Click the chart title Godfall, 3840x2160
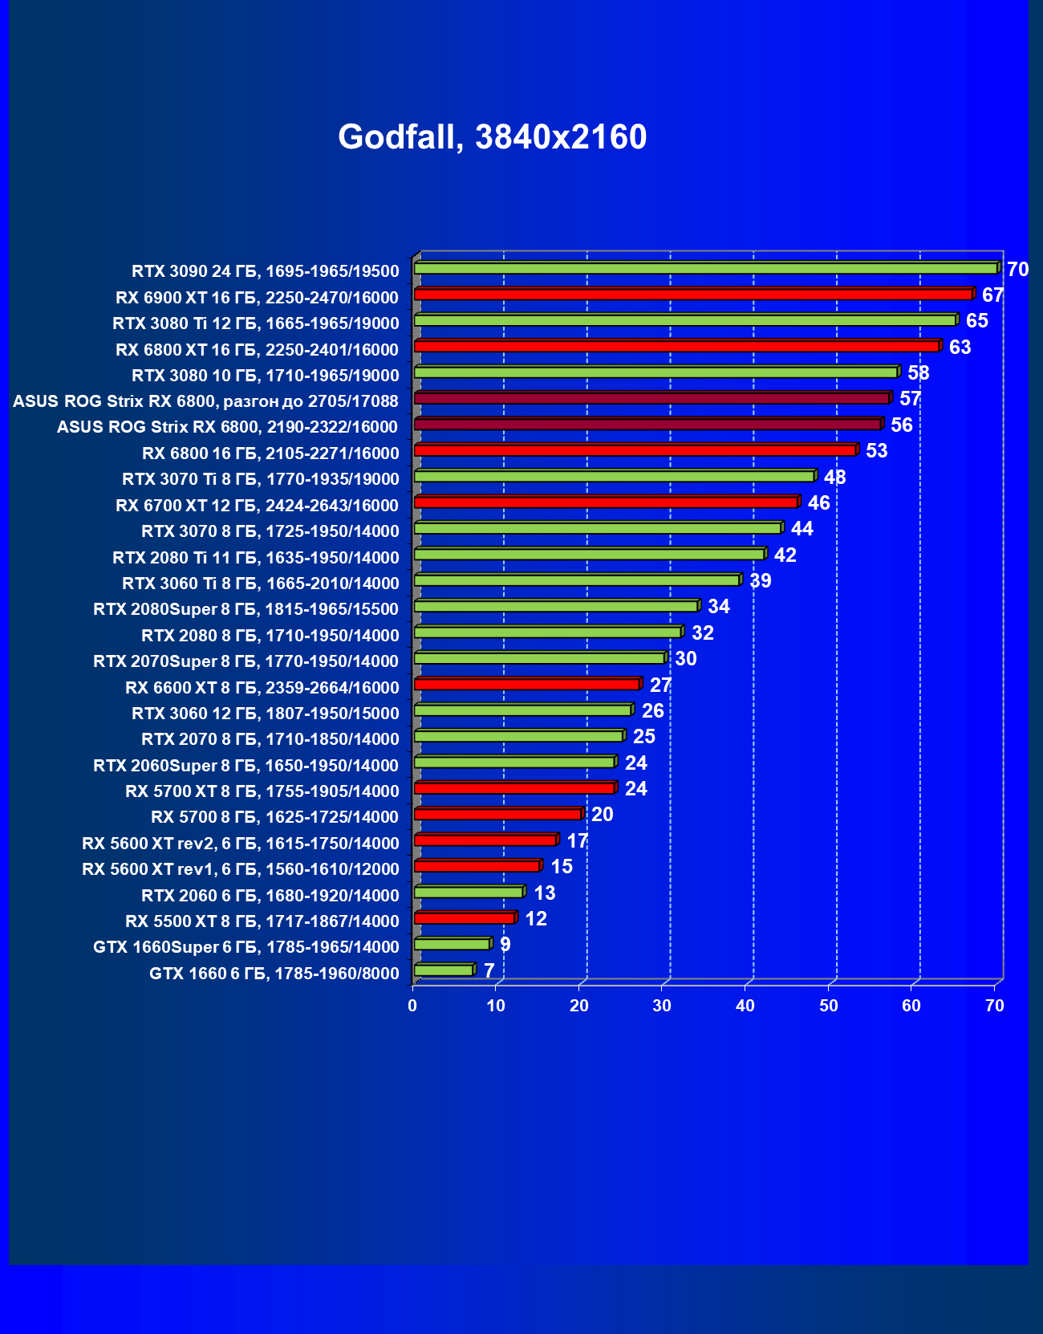click(492, 137)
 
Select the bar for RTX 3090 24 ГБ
click(706, 268)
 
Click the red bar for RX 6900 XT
click(693, 295)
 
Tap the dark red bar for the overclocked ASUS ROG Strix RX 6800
click(651, 398)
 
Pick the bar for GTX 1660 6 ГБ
click(444, 970)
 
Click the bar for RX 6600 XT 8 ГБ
click(526, 684)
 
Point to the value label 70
click(1017, 270)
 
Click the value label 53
click(876, 451)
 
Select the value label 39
click(760, 581)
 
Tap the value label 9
click(505, 945)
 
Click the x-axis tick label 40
click(745, 1006)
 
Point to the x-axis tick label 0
click(412, 1006)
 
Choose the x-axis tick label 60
click(911, 1006)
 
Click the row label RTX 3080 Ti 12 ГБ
click(255, 323)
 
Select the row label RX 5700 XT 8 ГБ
click(262, 791)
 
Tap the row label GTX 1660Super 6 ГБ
click(246, 947)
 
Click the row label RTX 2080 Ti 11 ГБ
click(255, 557)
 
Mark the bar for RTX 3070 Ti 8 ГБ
click(614, 477)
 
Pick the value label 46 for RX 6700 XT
click(818, 503)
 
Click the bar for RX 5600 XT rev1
click(477, 866)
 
